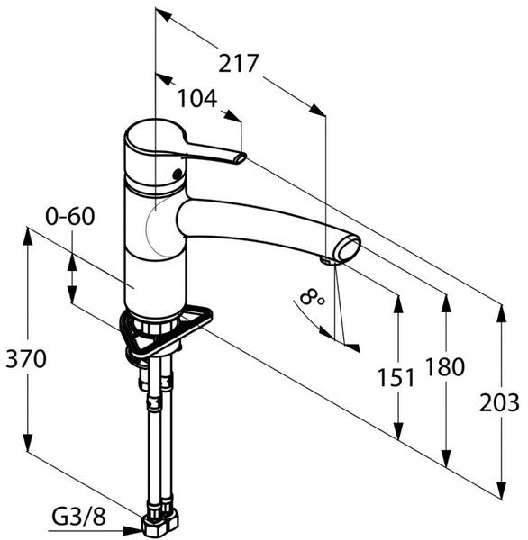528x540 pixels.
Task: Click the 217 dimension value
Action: pos(238,63)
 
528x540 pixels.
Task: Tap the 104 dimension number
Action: pos(197,98)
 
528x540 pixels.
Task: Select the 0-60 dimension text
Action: pos(70,217)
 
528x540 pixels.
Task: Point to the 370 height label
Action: pos(26,358)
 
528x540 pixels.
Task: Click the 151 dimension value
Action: pos(396,377)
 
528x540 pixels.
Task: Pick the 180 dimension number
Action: pos(445,366)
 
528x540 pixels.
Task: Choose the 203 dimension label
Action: pos(499,402)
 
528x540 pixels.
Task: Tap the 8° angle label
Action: pos(312,297)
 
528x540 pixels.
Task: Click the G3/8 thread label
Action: pos(79,517)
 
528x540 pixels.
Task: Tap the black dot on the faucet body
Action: pos(178,174)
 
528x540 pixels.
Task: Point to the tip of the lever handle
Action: pos(241,158)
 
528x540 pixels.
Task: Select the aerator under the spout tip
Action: pos(328,260)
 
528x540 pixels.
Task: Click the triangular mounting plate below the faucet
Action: pos(166,330)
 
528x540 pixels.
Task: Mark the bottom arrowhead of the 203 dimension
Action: pos(501,489)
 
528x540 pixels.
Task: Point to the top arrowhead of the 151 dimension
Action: pos(398,304)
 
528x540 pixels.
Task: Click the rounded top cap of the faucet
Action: pos(155,138)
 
